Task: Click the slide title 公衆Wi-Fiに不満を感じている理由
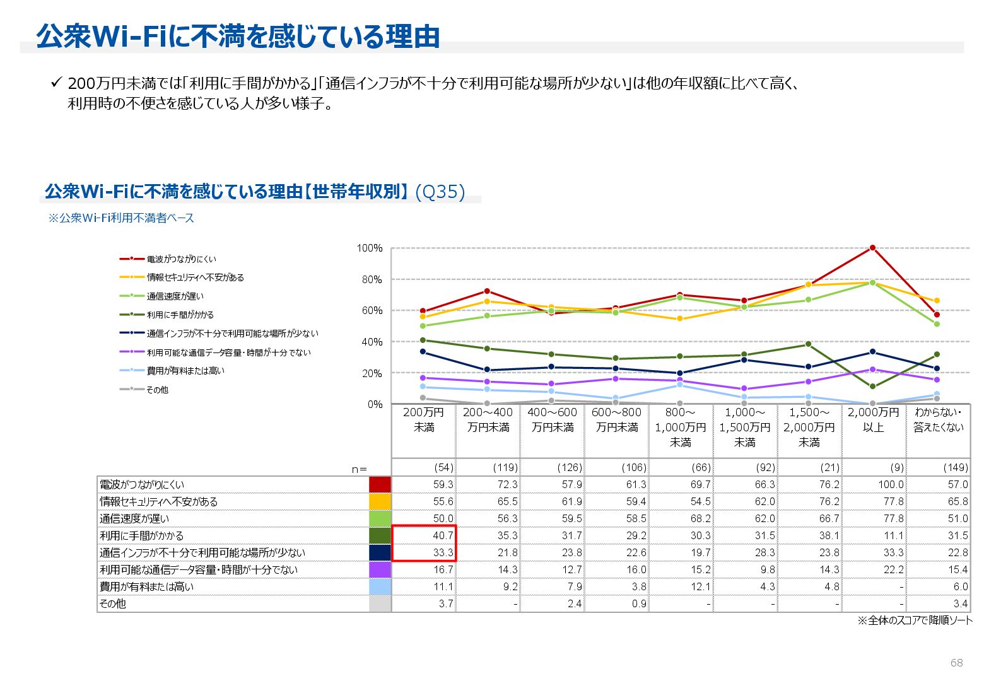point(238,37)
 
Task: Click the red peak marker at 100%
point(872,248)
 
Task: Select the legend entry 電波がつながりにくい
point(181,259)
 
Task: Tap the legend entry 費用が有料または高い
point(185,371)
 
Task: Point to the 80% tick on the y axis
point(372,279)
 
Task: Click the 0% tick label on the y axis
point(375,404)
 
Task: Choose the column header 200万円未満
point(423,420)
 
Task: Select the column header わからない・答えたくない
point(939,420)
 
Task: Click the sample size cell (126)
point(570,467)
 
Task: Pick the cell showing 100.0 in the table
point(891,484)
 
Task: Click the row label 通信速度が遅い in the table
point(134,518)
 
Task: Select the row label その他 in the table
point(113,603)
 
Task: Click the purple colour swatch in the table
point(380,569)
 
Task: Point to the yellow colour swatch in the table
point(380,501)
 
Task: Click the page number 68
point(956,663)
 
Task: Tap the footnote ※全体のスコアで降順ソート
point(915,620)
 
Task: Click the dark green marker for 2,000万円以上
point(872,387)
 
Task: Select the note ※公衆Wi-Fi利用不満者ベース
point(121,218)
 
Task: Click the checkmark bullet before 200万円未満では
point(56,83)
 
